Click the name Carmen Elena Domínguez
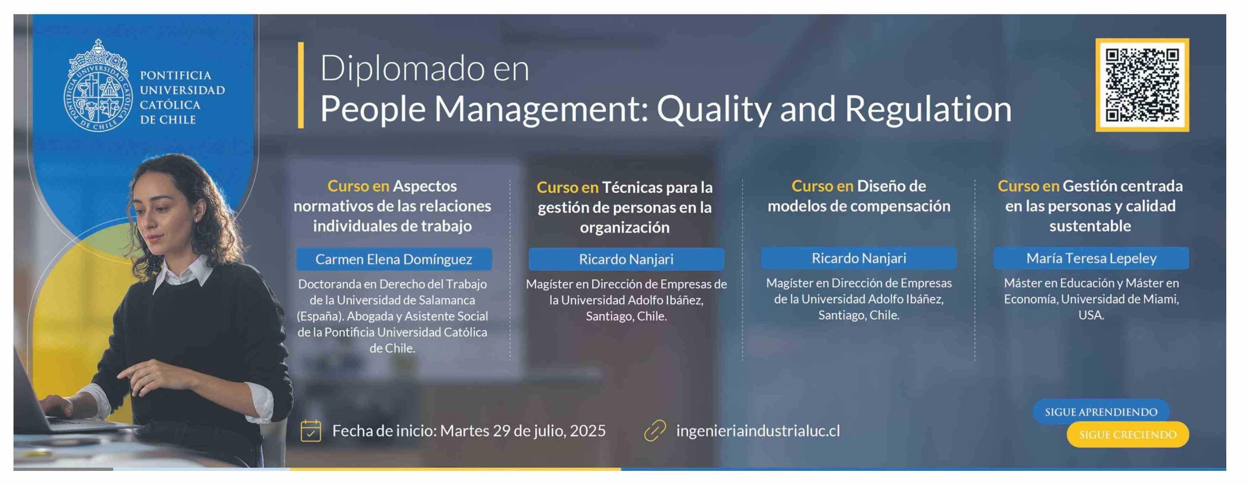394,259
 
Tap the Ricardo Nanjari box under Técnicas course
626,259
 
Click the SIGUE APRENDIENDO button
1101,412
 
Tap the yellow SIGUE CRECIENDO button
1128,435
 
